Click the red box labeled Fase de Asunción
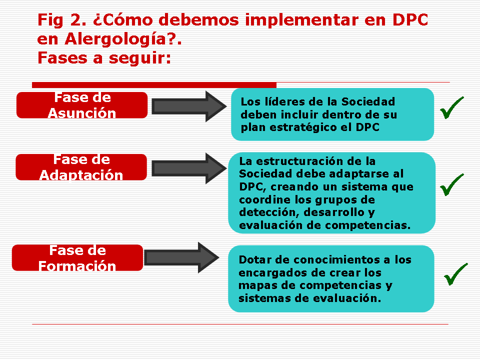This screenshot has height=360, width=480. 82,105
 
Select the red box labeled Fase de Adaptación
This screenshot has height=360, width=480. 81,167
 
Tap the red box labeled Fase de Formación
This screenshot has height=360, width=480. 77,257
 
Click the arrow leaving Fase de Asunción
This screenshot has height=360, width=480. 189,106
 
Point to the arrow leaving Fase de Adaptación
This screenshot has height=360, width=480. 189,168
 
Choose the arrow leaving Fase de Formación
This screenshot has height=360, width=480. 181,257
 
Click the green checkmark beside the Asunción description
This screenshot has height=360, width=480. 452,108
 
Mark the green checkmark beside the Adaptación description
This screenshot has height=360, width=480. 452,184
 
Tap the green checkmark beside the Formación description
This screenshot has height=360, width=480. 456,274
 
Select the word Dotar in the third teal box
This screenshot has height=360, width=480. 255,260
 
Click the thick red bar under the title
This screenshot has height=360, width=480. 154,85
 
